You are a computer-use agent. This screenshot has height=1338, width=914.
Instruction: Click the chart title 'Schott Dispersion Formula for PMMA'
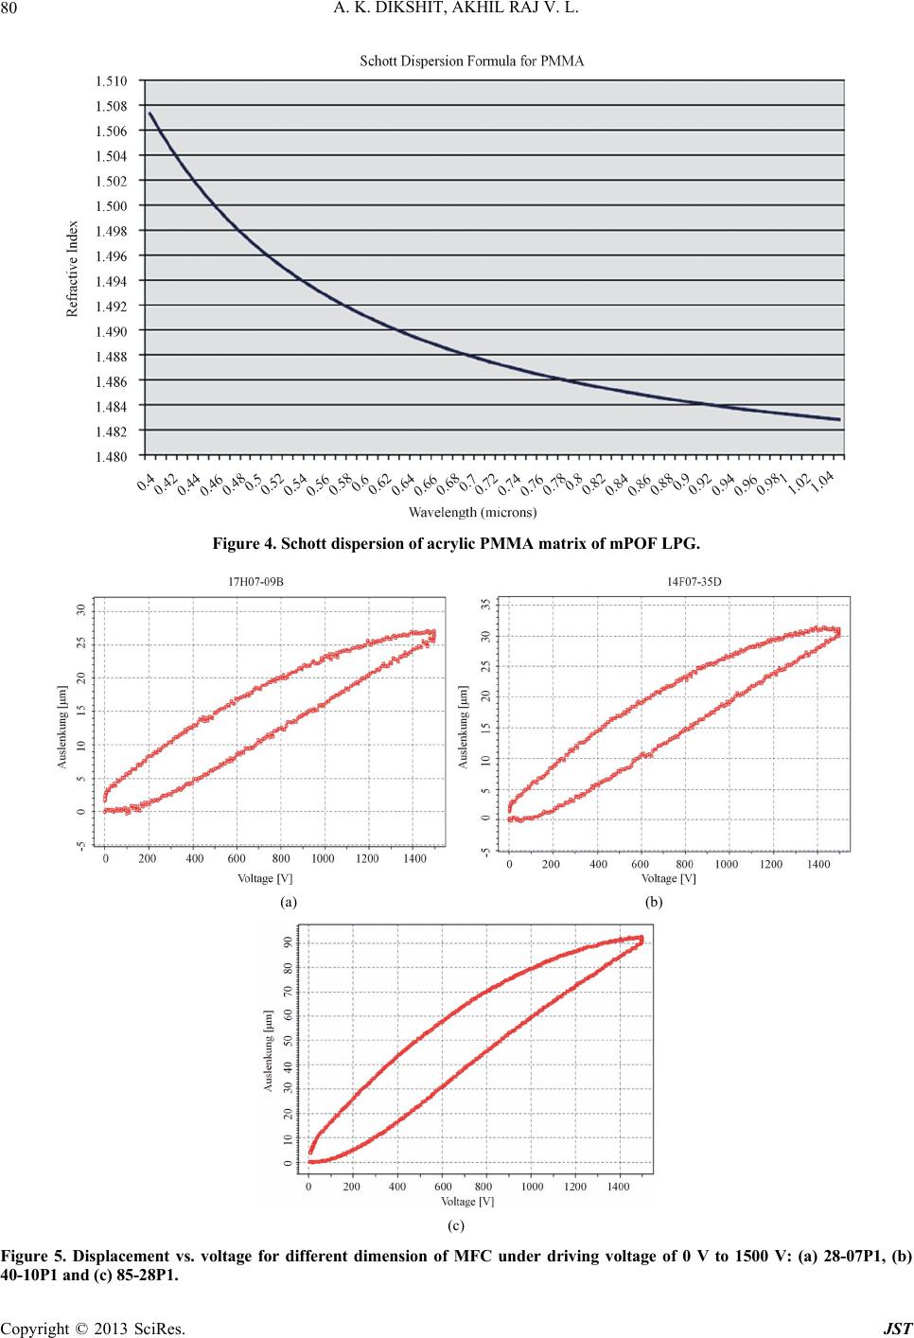click(472, 62)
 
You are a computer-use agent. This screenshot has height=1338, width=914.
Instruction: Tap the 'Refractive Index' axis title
click(73, 269)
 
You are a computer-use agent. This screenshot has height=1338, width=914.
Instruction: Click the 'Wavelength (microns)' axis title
click(472, 513)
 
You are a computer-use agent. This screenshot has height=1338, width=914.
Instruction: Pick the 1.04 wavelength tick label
click(822, 485)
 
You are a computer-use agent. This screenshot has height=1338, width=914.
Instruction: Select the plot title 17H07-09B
click(251, 583)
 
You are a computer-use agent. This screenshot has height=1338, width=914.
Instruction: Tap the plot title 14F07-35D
click(687, 583)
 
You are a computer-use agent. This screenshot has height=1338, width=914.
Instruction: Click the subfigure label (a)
click(289, 902)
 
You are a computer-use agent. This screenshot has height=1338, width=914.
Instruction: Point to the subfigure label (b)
click(654, 902)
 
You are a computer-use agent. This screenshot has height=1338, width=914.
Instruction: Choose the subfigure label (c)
click(456, 1224)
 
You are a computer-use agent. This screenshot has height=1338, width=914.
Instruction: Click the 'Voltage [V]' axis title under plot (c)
click(467, 1202)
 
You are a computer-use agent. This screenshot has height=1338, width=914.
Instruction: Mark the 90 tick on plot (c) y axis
click(289, 942)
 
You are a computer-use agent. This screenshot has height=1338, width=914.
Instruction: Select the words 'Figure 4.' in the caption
click(242, 544)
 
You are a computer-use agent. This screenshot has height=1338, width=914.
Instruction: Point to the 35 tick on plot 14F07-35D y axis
click(486, 603)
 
